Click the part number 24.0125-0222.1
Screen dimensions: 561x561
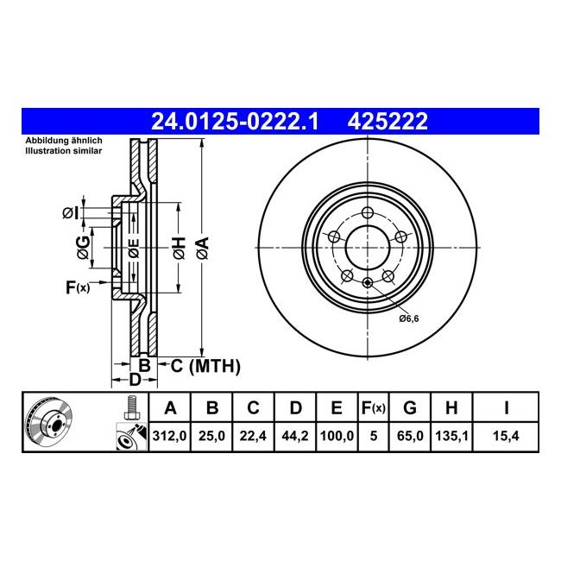tap(235, 123)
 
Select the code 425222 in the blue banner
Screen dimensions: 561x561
tap(387, 123)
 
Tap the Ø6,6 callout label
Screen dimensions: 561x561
tap(408, 318)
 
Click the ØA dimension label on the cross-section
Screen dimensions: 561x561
tap(202, 248)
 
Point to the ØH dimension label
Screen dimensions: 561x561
tap(178, 248)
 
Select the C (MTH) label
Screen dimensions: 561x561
tap(205, 367)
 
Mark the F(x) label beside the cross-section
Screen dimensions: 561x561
tap(78, 287)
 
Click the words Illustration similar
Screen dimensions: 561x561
tap(63, 150)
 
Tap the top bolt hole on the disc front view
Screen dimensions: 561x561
tap(368, 213)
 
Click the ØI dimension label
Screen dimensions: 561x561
tap(72, 211)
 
